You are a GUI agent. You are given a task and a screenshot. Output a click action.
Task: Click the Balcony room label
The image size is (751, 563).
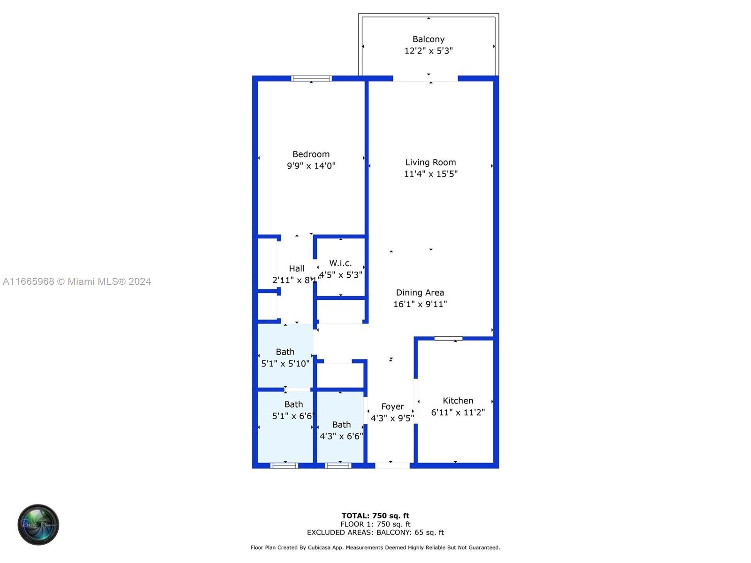(428, 39)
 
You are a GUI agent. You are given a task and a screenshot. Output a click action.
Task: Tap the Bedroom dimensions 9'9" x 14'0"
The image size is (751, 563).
(311, 166)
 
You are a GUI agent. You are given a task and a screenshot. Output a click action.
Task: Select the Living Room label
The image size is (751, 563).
(430, 162)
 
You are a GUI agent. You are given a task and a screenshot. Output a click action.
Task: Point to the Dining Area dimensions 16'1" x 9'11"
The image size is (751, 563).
(420, 304)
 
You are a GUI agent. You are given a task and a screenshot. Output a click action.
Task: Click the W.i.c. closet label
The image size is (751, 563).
(340, 263)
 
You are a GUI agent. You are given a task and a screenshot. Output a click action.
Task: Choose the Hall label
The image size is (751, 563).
(296, 268)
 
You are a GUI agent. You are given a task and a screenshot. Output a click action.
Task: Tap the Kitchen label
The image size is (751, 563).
(458, 401)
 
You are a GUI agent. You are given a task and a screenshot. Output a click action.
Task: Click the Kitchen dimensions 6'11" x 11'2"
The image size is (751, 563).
(458, 412)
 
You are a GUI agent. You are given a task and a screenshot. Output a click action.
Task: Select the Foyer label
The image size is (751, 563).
(392, 406)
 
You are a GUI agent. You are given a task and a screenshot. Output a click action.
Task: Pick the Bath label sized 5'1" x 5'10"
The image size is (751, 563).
(285, 352)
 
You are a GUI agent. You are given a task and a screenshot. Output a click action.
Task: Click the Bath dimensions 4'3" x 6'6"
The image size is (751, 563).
(341, 436)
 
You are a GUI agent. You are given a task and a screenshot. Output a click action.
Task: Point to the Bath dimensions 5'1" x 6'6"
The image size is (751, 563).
(293, 416)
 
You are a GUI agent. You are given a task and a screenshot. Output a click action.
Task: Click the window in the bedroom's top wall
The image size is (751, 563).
(311, 78)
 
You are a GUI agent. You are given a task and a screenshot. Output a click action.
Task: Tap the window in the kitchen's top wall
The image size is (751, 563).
(448, 338)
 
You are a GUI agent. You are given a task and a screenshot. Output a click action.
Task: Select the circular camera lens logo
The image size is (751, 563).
(38, 525)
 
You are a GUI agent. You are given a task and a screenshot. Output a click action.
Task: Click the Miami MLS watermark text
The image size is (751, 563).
(77, 281)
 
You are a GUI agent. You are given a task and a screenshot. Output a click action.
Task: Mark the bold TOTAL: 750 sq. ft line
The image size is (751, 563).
(375, 516)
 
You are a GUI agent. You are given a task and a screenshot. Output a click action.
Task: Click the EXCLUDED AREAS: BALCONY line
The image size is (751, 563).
(375, 533)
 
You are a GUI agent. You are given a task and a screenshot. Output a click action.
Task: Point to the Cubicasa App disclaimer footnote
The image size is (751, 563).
(375, 548)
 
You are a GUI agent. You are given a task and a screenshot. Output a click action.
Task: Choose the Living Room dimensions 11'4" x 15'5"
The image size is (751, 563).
(430, 174)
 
